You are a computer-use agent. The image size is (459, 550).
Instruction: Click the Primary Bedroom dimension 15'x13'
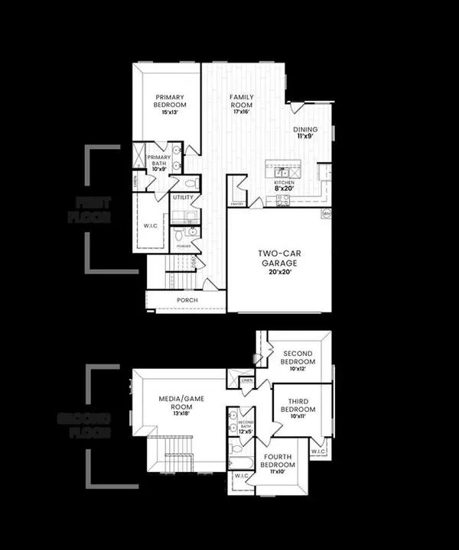(171, 112)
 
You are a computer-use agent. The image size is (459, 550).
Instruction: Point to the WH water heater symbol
(327, 214)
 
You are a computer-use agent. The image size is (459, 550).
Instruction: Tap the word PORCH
(187, 300)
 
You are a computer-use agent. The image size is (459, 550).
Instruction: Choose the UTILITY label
(183, 197)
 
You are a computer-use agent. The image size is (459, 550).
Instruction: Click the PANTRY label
(236, 204)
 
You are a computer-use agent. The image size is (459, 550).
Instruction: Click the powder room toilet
(193, 232)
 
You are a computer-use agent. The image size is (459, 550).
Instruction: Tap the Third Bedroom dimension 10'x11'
(297, 417)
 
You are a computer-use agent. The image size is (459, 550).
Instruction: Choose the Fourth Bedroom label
(275, 461)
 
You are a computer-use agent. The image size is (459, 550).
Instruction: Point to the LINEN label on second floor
(246, 380)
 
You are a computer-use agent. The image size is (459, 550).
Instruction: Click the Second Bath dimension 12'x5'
(246, 432)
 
